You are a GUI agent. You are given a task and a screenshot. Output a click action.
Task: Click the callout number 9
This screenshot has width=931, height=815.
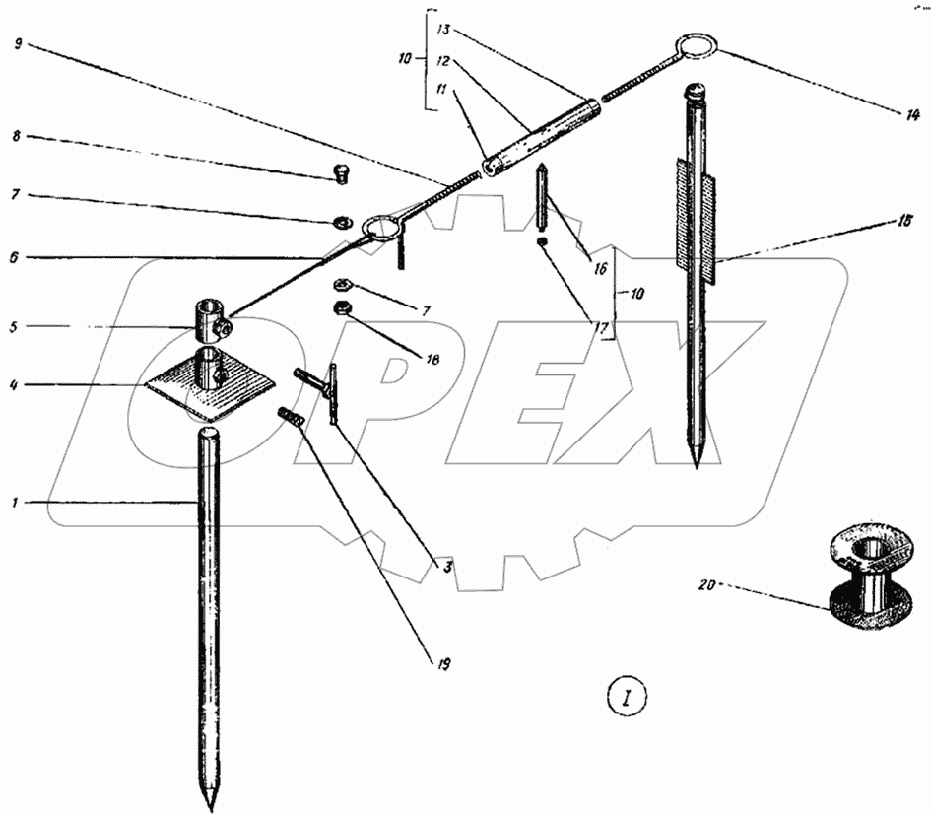17,44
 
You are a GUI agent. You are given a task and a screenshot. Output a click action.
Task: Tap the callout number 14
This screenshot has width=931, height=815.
912,114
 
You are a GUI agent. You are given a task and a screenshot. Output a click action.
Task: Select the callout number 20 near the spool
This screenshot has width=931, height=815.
707,585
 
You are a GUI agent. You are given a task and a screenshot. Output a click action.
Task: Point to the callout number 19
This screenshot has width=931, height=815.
443,663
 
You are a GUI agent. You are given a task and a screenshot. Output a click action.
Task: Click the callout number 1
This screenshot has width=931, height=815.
14,504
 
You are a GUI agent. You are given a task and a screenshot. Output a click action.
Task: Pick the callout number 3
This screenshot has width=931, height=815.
447,567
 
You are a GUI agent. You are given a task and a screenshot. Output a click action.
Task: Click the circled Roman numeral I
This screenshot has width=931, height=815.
627,698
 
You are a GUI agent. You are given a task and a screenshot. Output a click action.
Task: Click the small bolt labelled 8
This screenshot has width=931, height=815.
341,174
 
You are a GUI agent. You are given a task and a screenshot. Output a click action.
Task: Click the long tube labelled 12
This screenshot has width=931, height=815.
542,135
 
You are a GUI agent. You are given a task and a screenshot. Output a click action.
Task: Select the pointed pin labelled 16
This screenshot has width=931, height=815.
542,197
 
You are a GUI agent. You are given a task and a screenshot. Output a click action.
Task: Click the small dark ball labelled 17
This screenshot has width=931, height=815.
542,242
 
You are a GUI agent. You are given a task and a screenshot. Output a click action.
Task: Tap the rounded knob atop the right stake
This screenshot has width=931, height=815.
695,92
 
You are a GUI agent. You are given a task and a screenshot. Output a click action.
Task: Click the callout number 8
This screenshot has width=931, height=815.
16,136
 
